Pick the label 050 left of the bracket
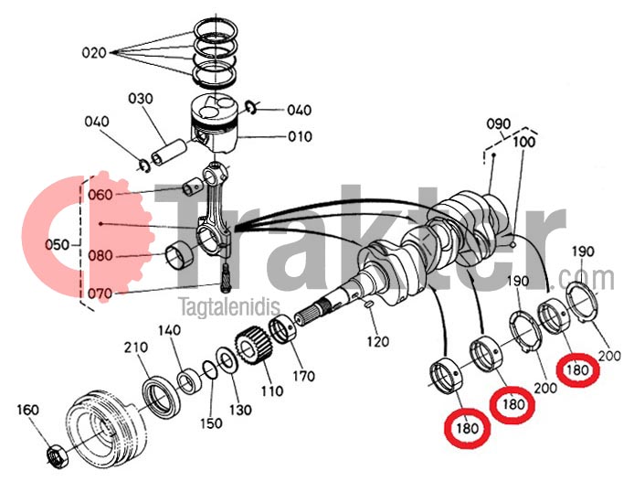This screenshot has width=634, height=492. [x=58, y=245]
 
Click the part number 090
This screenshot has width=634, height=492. [x=497, y=123]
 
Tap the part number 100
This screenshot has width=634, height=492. [x=523, y=142]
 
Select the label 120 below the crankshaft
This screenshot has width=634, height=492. [x=378, y=341]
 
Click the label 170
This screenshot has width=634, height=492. [x=303, y=376]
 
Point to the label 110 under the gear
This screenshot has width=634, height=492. [x=271, y=391]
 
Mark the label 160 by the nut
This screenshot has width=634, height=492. [x=28, y=410]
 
